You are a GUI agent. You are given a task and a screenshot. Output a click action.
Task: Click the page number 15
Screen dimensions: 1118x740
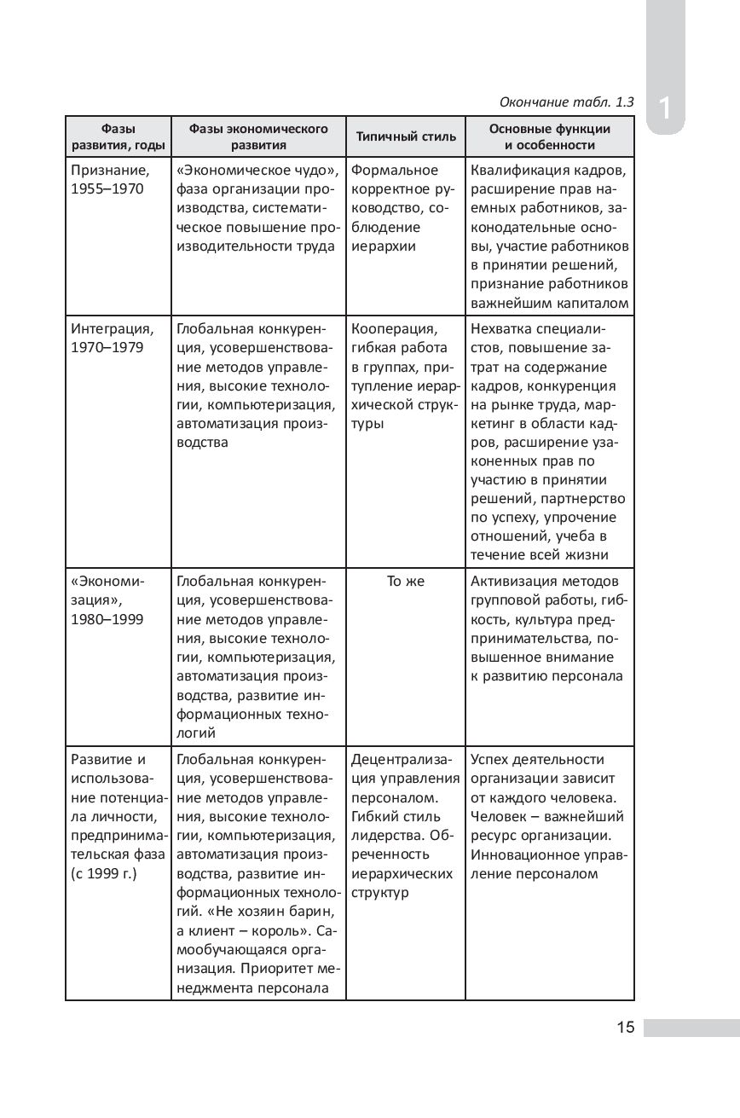626,1027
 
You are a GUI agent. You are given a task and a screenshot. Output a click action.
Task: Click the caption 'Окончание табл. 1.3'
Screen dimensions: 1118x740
566,102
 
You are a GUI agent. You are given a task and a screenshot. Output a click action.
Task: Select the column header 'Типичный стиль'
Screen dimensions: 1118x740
406,136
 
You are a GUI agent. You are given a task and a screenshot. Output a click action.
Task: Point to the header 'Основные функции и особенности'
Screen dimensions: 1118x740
550,136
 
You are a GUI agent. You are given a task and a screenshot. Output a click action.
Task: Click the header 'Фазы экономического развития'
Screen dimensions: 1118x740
258,136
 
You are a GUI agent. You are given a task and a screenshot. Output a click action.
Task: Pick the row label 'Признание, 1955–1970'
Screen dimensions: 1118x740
109,179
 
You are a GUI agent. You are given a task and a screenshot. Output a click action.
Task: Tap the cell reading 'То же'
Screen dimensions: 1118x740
406,582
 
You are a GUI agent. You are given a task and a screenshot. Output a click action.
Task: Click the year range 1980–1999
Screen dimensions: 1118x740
107,620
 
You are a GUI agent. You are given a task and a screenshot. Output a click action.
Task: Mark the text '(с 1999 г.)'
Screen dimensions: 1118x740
104,874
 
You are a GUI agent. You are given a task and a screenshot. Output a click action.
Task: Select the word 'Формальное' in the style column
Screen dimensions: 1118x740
395,170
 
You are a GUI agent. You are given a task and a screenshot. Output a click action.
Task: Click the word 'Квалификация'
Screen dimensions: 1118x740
515,170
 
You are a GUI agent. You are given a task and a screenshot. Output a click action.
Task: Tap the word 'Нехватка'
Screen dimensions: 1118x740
499,329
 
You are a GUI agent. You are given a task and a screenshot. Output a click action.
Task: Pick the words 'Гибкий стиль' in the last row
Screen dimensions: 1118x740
396,817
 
